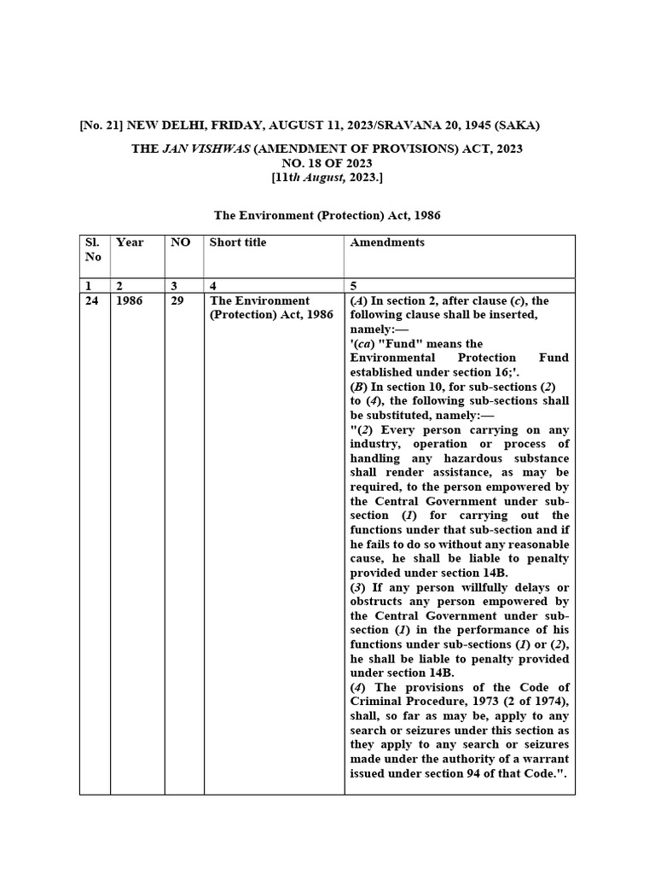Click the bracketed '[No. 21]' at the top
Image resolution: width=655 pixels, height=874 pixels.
(x=100, y=126)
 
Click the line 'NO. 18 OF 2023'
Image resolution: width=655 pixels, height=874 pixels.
(x=327, y=163)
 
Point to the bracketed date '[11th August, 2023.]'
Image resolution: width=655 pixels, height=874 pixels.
(x=327, y=178)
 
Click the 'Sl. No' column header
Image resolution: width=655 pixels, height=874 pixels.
(x=93, y=249)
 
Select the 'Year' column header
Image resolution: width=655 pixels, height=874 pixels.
(x=130, y=242)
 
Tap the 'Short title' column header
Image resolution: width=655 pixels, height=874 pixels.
(x=238, y=242)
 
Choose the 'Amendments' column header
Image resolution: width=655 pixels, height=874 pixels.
(x=387, y=242)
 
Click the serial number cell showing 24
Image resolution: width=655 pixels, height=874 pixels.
(x=92, y=301)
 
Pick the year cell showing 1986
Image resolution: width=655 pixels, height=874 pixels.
(x=130, y=301)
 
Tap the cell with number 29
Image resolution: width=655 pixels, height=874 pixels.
(x=177, y=301)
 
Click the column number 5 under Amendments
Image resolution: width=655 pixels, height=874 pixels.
(x=354, y=287)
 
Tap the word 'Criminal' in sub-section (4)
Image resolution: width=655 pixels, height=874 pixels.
(x=374, y=702)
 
